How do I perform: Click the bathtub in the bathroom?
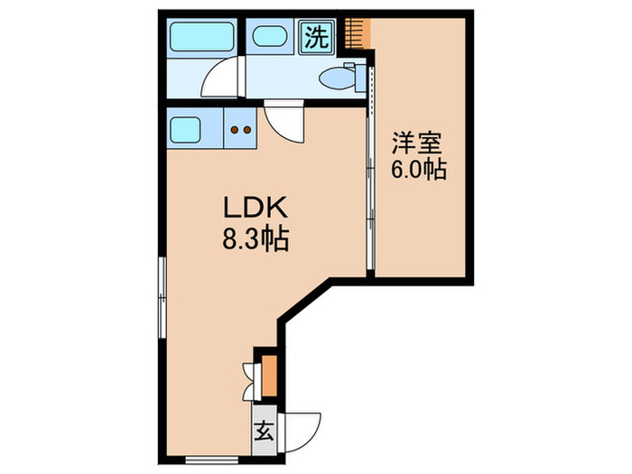coord(203,39)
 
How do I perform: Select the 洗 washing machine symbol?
coord(317,38)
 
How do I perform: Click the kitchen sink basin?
coord(191,132)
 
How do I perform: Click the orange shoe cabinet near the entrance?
coord(268,372)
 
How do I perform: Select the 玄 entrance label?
coord(264,431)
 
